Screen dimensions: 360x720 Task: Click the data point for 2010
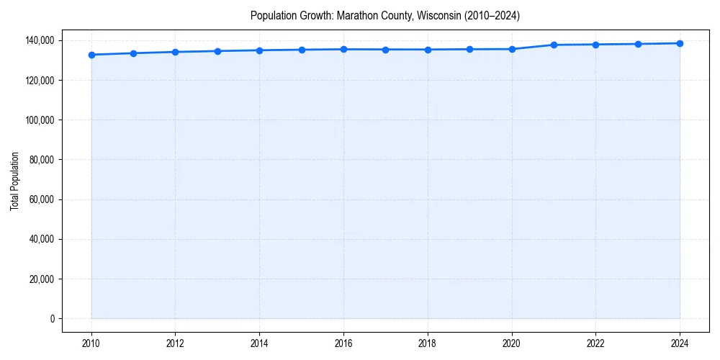coord(91,55)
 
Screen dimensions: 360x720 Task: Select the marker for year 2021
coord(554,45)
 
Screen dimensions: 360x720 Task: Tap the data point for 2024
coord(680,43)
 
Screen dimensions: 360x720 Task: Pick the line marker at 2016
coord(343,49)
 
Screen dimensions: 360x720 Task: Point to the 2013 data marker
coord(217,51)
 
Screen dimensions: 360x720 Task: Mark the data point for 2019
coord(469,49)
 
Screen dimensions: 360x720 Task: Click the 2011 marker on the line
coord(133,53)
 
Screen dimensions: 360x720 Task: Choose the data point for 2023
coord(638,44)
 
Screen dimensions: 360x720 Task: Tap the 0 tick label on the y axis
coord(52,319)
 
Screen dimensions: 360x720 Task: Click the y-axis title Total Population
coord(15,181)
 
